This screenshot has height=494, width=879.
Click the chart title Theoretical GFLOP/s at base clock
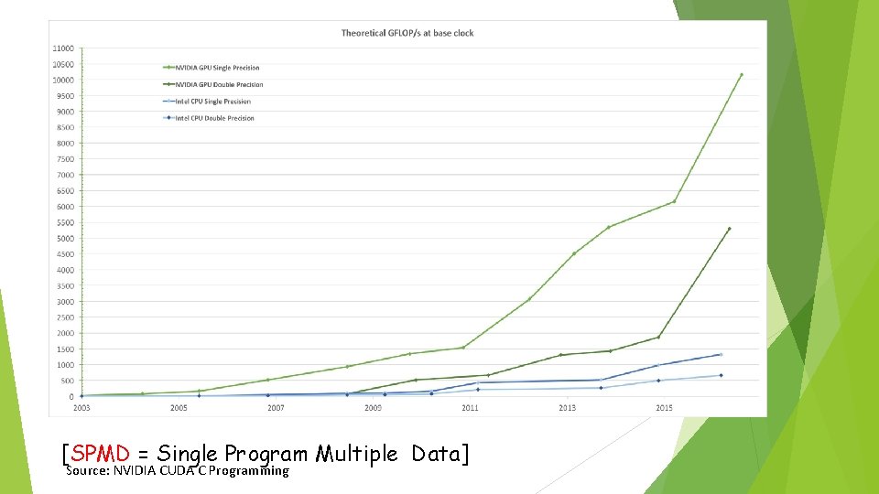[x=407, y=33]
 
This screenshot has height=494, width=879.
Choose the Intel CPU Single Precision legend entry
[x=212, y=102]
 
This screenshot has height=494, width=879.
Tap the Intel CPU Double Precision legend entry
[x=214, y=118]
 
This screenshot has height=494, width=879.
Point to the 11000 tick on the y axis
[x=63, y=48]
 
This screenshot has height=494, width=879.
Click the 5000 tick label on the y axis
[x=65, y=239]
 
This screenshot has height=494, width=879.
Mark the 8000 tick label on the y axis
[x=65, y=143]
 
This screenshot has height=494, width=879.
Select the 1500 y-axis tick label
[x=65, y=349]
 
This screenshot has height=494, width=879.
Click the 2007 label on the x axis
[x=276, y=407]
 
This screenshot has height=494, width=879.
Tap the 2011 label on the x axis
[x=470, y=407]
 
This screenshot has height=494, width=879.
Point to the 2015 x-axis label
[x=664, y=407]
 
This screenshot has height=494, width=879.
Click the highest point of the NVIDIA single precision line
[x=741, y=75]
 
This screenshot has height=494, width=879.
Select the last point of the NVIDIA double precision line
[x=729, y=229]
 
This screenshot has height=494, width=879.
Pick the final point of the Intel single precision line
[x=721, y=355]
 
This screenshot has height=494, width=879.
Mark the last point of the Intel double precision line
[x=721, y=375]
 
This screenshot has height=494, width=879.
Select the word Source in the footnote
[x=85, y=471]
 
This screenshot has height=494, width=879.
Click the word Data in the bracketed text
[x=436, y=453]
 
